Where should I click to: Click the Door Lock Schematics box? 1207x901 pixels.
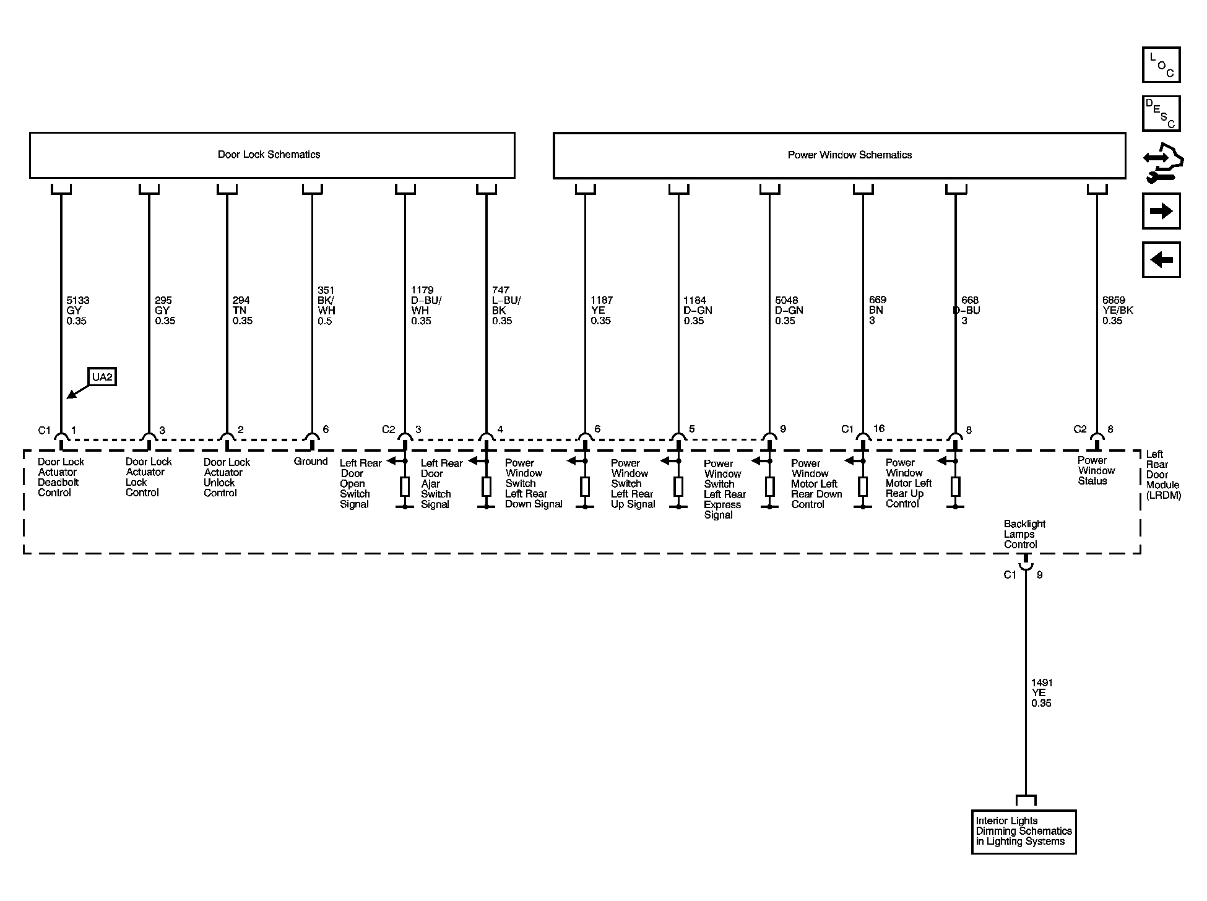pos(272,155)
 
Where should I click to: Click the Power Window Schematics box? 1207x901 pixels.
pos(839,155)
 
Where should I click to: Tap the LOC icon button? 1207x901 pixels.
pos(1161,65)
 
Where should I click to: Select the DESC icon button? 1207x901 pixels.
pos(1161,114)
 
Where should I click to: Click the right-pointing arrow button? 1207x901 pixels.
pos(1161,212)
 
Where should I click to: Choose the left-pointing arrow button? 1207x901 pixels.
pos(1161,259)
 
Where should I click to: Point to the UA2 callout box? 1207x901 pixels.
pos(103,377)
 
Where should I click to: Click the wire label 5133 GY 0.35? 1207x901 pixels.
pos(78,311)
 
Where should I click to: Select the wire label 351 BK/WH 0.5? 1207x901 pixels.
pos(326,305)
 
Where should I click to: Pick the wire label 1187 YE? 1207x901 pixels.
pos(600,311)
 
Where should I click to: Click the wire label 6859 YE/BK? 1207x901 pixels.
pos(1117,311)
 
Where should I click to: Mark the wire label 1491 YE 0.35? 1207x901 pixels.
pos(1042,693)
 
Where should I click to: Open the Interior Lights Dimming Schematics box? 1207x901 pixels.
pos(1024,832)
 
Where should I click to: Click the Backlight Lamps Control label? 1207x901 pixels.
pos(1024,534)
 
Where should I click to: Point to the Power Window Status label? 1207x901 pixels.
pos(1096,470)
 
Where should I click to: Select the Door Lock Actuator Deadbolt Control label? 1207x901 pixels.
pos(61,477)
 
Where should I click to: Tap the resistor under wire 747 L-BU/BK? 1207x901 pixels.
pos(487,487)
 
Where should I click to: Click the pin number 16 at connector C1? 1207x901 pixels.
pos(878,428)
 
